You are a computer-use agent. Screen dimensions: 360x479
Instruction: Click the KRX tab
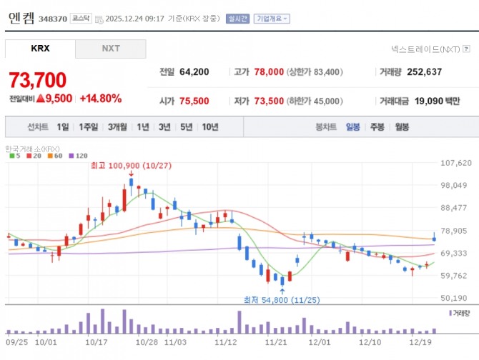pyautogui.click(x=41, y=49)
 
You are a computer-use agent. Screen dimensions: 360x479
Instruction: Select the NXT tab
pyautogui.click(x=110, y=49)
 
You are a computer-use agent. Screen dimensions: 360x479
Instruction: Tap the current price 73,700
pyautogui.click(x=37, y=79)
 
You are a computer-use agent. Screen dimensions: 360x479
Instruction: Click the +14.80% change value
pyautogui.click(x=100, y=99)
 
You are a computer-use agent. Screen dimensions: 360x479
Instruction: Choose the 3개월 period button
pyautogui.click(x=117, y=127)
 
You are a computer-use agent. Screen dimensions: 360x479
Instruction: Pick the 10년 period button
pyautogui.click(x=210, y=127)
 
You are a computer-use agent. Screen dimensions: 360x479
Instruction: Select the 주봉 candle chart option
pyautogui.click(x=377, y=127)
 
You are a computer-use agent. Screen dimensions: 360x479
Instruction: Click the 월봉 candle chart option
pyautogui.click(x=401, y=127)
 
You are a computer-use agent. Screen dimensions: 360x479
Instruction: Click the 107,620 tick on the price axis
pyautogui.click(x=455, y=163)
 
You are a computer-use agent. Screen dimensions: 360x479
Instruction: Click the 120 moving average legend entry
pyautogui.click(x=81, y=155)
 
